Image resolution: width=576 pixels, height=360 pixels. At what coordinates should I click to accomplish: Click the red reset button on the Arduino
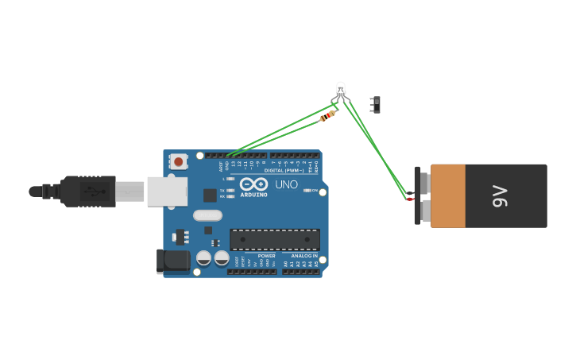(178, 161)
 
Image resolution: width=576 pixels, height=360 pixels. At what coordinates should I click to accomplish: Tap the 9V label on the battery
(499, 195)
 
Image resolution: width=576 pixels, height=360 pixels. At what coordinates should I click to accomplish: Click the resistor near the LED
(327, 117)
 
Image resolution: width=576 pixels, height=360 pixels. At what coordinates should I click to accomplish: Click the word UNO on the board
(286, 184)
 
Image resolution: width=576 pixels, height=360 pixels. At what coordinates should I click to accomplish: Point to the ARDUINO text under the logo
(254, 195)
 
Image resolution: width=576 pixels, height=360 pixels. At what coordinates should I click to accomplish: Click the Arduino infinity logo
(253, 184)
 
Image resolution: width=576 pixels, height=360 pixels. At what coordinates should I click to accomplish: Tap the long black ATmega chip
(275, 239)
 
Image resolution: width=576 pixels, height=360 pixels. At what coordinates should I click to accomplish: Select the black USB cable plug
(87, 192)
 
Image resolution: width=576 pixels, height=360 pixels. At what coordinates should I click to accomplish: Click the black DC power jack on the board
(175, 261)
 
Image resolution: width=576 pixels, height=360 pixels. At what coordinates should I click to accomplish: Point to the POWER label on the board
(266, 256)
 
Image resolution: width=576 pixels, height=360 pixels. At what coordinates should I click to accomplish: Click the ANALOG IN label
(303, 256)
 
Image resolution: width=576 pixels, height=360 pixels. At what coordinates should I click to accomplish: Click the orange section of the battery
(447, 195)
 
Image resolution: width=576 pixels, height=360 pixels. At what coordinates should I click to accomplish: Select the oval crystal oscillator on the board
(207, 215)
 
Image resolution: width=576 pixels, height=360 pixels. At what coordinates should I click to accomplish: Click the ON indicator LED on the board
(307, 191)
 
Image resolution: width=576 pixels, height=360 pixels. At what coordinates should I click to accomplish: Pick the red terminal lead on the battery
(410, 199)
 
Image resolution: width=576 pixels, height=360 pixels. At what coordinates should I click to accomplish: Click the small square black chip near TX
(210, 195)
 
